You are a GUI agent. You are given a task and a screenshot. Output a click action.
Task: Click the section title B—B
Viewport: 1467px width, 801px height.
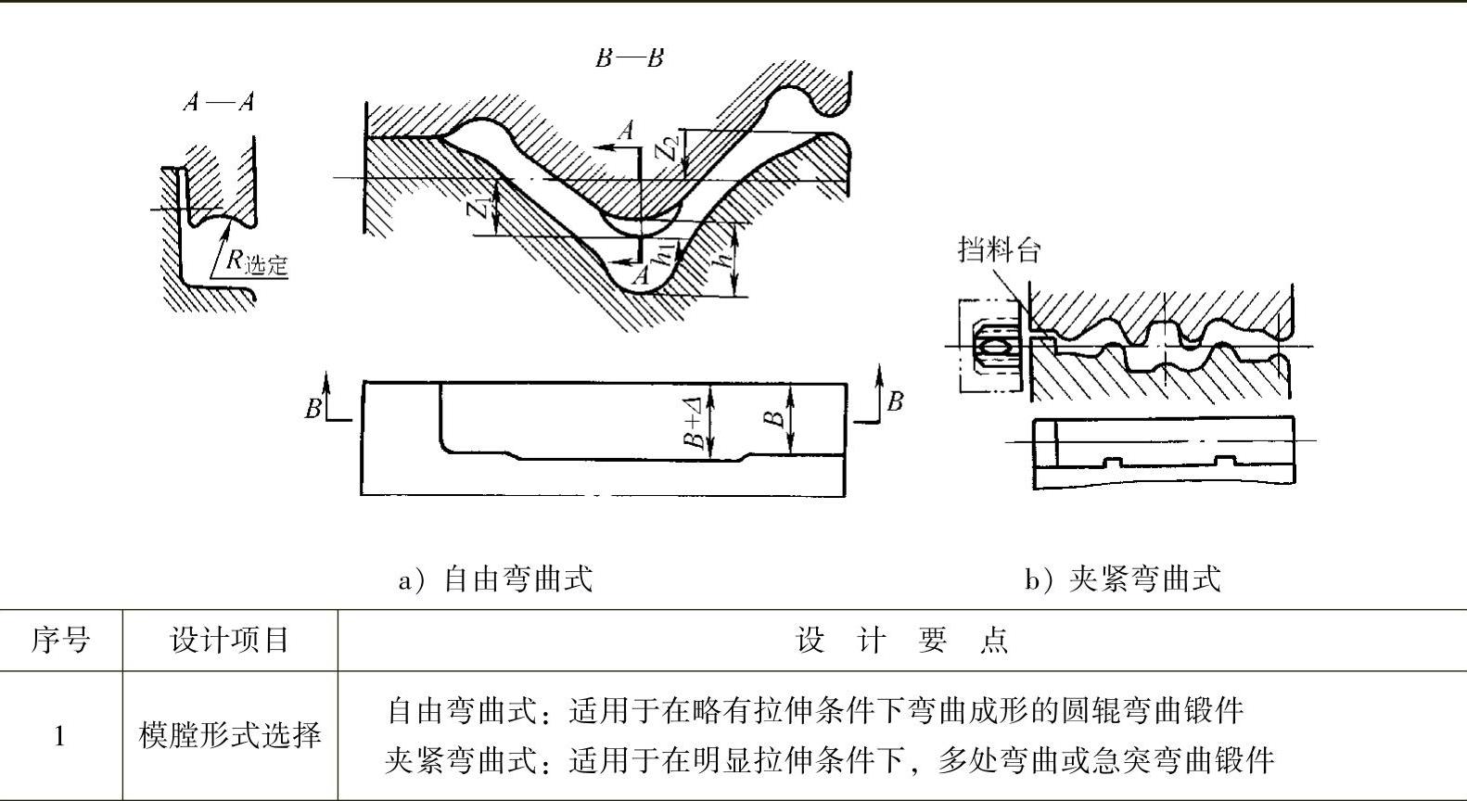click(x=630, y=57)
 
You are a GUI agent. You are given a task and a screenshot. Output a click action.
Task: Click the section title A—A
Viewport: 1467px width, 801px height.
click(x=219, y=101)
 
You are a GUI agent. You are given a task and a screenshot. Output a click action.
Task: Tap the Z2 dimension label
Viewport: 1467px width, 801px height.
click(x=670, y=146)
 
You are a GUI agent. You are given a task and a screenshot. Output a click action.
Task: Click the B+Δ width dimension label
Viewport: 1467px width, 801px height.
click(x=695, y=422)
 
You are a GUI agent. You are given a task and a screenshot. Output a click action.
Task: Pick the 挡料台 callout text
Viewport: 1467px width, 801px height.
click(x=1000, y=249)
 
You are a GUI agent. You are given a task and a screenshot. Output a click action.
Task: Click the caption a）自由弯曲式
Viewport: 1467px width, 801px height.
click(x=495, y=579)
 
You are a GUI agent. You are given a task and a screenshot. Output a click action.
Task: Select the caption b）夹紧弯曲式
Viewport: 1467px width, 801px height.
click(x=1122, y=579)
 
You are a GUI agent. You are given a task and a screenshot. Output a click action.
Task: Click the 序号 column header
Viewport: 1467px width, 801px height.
click(x=60, y=640)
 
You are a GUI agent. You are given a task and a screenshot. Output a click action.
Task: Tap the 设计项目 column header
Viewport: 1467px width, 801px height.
click(x=230, y=640)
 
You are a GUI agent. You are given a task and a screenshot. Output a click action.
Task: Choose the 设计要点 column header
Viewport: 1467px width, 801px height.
click(x=901, y=640)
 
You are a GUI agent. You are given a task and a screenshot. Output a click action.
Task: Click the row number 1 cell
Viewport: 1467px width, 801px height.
click(x=60, y=736)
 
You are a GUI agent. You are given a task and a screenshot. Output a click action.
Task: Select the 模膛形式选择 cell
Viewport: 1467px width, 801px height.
click(x=230, y=736)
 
